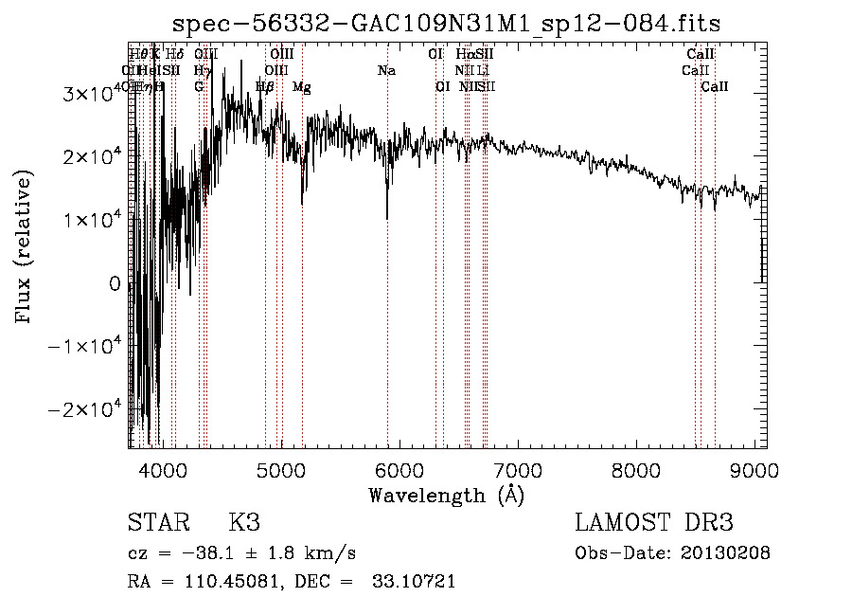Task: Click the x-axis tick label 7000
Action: click(517, 471)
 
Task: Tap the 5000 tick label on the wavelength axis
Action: click(280, 471)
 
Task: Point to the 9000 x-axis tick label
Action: click(754, 471)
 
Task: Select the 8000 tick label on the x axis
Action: click(635, 471)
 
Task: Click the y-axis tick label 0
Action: click(115, 283)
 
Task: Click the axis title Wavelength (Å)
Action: click(447, 495)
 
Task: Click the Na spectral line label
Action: click(386, 71)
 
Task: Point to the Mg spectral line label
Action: click(301, 87)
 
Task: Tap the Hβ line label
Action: click(266, 87)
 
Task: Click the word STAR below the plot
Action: click(156, 523)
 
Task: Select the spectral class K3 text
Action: click(244, 523)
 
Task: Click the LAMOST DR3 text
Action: click(654, 523)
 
